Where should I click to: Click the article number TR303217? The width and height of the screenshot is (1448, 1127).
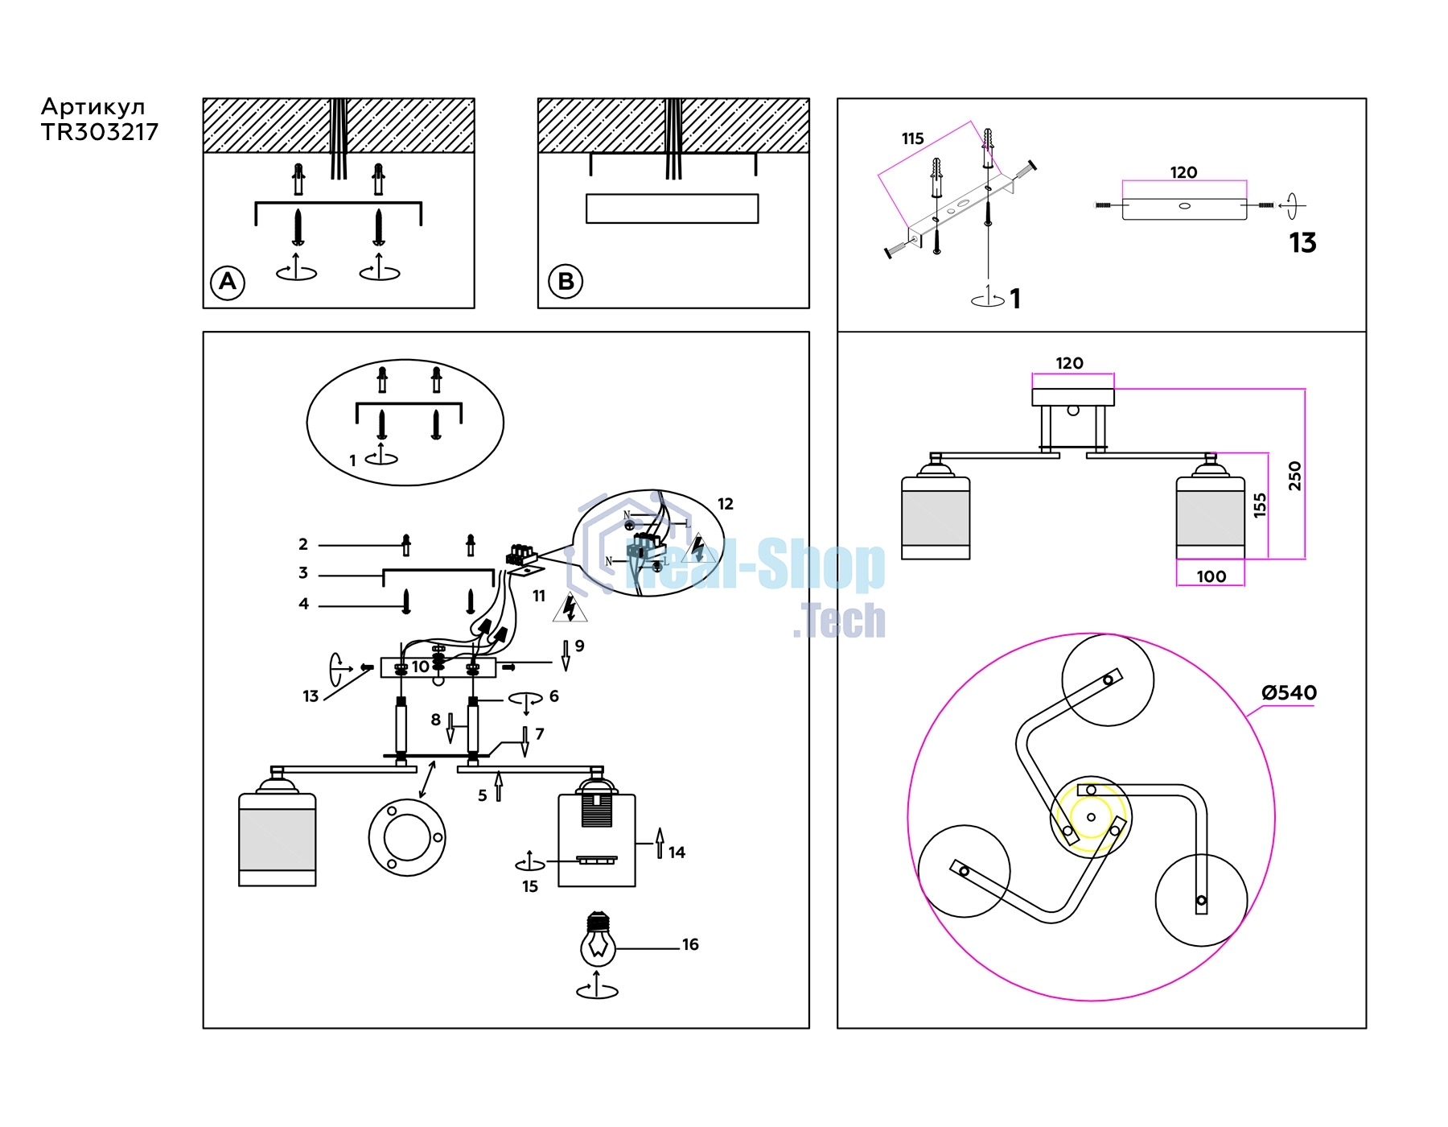(100, 132)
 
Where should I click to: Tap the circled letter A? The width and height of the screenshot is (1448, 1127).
(228, 282)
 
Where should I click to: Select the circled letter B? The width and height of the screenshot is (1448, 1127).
(566, 282)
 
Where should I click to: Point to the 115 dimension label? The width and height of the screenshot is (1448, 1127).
(912, 138)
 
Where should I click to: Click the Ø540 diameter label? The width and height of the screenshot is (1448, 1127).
(1289, 692)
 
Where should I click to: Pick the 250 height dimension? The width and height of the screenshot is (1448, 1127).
(1294, 476)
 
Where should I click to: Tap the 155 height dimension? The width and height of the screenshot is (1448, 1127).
(1260, 505)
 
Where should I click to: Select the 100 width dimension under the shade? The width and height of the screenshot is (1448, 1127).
(1211, 576)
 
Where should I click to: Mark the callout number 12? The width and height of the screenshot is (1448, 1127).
(725, 504)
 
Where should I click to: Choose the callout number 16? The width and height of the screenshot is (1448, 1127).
(690, 944)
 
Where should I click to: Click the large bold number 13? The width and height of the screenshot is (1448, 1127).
(1302, 242)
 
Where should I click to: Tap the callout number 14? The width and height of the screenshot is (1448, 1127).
(677, 852)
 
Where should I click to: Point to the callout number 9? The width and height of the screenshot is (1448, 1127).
(579, 646)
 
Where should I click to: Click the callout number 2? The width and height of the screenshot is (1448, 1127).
(303, 544)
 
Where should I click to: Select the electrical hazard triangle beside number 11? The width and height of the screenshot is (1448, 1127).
(570, 608)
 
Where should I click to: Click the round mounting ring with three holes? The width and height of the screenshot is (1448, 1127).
(407, 837)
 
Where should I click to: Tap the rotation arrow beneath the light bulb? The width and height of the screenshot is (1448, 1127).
(598, 988)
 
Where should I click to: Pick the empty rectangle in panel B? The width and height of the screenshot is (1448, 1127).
(673, 208)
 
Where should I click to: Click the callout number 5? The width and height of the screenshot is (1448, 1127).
(483, 795)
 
